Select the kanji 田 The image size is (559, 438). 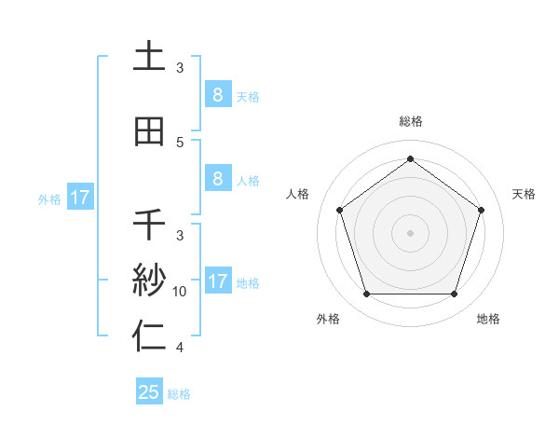click(x=149, y=131)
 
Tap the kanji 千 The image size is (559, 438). click(x=149, y=225)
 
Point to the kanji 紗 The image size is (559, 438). click(x=149, y=281)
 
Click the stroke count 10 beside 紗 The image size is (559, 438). click(x=180, y=292)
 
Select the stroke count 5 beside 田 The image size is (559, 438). click(x=180, y=143)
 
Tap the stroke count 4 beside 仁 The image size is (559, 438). click(x=180, y=348)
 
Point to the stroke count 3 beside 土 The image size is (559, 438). click(x=180, y=68)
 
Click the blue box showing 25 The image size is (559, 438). click(x=149, y=392)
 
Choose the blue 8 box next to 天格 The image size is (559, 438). click(x=217, y=95)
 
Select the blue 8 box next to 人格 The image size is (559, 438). click(x=217, y=179)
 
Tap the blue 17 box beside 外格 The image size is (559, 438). click(x=79, y=198)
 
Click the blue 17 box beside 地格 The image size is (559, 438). click(x=217, y=281)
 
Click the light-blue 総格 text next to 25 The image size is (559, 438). click(x=179, y=394)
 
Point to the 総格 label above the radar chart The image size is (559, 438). click(x=410, y=121)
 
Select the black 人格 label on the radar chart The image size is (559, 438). click(x=298, y=194)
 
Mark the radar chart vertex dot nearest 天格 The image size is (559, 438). click(x=481, y=210)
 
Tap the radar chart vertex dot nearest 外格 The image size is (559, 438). click(x=366, y=294)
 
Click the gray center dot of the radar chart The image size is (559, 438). click(x=410, y=233)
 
